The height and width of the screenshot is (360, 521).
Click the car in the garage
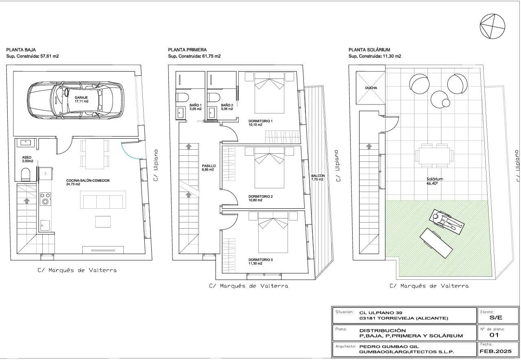(x=76, y=100)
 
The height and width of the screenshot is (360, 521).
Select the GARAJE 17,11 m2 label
(x=81, y=100)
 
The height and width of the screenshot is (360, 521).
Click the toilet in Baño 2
(x=213, y=97)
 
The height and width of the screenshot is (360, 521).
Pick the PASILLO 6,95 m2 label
(x=209, y=168)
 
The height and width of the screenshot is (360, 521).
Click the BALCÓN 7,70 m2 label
(x=318, y=177)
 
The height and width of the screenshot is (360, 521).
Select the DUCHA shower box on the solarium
(x=371, y=88)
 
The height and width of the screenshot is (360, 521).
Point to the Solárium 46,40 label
(x=434, y=181)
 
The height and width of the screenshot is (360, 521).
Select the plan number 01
(x=494, y=335)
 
